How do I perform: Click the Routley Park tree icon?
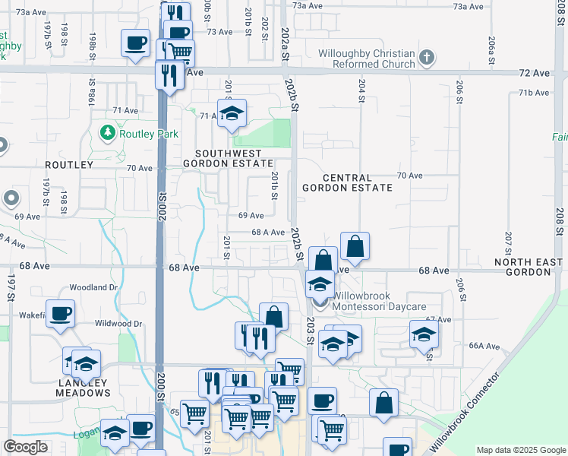click(107, 134)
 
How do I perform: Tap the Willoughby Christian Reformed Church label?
click(367, 59)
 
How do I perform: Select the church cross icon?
click(428, 58)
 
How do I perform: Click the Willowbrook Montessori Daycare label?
click(378, 306)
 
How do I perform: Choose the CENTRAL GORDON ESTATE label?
click(347, 181)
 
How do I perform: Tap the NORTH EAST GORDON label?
click(529, 266)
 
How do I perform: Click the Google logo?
click(26, 447)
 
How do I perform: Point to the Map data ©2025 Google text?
click(519, 450)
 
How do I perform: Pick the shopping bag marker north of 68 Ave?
click(355, 247)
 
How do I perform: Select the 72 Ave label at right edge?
click(539, 73)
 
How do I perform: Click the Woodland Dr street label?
click(93, 288)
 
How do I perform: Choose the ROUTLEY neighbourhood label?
click(68, 164)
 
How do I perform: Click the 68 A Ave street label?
click(268, 233)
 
